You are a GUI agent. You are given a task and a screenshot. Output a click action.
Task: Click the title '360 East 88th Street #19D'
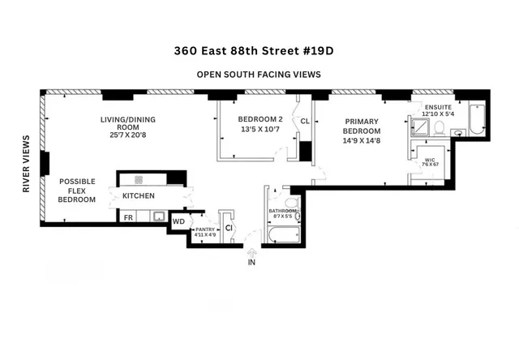259,49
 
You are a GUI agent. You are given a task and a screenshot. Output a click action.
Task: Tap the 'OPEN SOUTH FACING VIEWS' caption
259,74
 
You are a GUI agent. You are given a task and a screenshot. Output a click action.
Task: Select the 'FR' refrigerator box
128,217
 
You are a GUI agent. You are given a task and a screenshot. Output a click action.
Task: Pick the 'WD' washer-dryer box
178,221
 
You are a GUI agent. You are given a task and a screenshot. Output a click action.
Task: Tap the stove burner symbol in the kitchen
139,180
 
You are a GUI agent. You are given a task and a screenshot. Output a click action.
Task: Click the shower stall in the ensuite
422,126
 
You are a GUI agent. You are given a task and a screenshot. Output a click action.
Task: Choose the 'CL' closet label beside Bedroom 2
305,122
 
